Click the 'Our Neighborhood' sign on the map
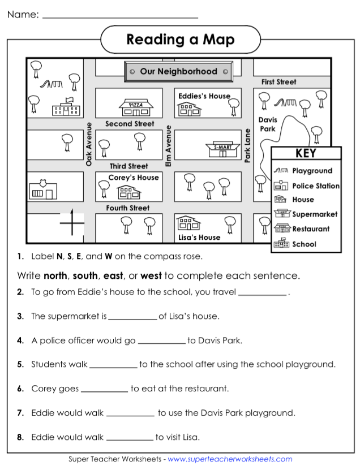178,72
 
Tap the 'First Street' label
278,82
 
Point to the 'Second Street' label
130,124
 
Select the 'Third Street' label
128,166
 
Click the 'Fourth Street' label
128,208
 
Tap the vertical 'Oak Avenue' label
89,144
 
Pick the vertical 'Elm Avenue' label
168,145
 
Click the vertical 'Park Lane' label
247,146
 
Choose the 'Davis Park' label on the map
268,124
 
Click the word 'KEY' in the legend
306,153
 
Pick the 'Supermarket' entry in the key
315,214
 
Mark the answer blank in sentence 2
263,293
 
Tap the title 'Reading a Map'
180,40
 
